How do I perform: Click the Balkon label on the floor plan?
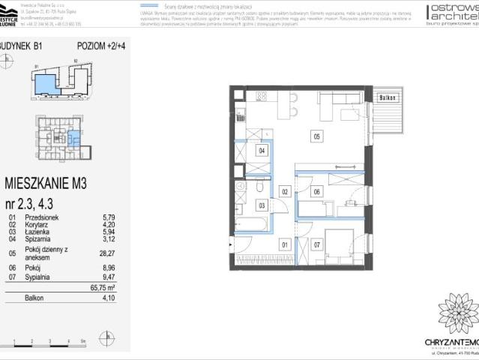[x=386, y=97]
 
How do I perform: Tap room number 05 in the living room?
[x=316, y=136]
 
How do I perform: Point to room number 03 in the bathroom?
[x=262, y=204]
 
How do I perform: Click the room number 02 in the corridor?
[x=284, y=192]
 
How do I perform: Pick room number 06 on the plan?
[x=316, y=191]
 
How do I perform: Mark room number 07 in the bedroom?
[x=316, y=244]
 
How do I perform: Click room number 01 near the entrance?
[x=284, y=244]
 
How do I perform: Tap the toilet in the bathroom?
[x=257, y=187]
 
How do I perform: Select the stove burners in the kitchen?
[x=262, y=96]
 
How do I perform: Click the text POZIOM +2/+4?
[x=100, y=46]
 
